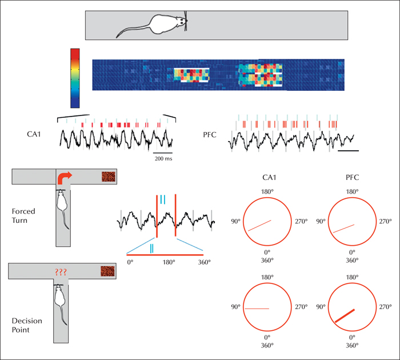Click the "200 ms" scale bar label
point(163,158)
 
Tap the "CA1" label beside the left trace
point(34,134)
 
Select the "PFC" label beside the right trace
point(210,135)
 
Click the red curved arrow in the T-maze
point(65,178)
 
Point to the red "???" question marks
point(61,272)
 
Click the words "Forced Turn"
point(23,215)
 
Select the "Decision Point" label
point(27,325)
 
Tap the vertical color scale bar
point(75,78)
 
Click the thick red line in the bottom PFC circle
point(345,316)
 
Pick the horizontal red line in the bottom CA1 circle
point(257,309)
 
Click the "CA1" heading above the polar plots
point(269,177)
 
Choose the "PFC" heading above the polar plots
point(353,177)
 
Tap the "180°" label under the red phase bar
point(169,262)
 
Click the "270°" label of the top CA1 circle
point(301,221)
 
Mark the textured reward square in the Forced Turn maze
point(109,177)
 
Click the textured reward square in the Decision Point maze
point(107,271)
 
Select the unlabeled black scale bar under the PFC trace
point(348,151)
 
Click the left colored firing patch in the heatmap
point(191,75)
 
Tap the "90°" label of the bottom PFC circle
point(321,307)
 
